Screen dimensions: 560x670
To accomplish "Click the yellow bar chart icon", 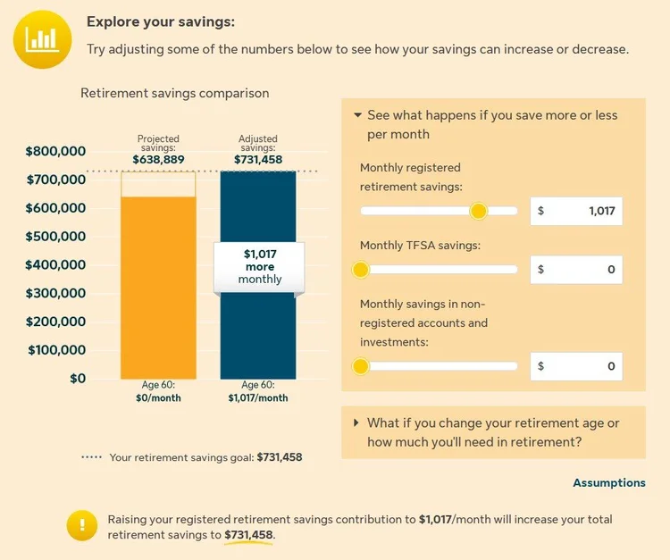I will [42, 38].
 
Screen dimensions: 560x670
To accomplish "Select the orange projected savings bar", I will [159, 286].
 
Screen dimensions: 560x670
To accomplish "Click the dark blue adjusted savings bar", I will [258, 339].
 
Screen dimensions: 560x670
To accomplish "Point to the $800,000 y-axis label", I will [55, 151].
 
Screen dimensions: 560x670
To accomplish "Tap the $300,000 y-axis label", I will [55, 293].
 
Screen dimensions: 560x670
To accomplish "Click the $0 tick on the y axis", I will [78, 378].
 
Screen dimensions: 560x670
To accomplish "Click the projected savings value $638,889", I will [159, 159].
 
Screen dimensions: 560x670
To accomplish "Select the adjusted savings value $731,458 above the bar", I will [258, 159].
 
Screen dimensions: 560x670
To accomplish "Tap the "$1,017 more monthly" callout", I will [259, 266].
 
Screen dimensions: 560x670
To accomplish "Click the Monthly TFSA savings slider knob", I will [361, 269].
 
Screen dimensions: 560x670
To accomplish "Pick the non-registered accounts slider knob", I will [361, 366].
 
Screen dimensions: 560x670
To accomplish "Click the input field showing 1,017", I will [576, 212].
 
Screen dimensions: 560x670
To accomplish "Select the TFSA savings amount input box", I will [576, 269].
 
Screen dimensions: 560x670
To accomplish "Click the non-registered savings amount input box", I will [576, 366].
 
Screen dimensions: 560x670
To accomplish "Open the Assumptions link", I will [608, 482].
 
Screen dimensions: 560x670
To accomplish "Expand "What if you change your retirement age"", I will [492, 432].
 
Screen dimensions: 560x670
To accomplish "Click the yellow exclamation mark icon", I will [82, 526].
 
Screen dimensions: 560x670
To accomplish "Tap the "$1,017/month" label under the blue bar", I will [257, 398].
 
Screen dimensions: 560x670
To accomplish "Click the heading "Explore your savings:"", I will [167, 22].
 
